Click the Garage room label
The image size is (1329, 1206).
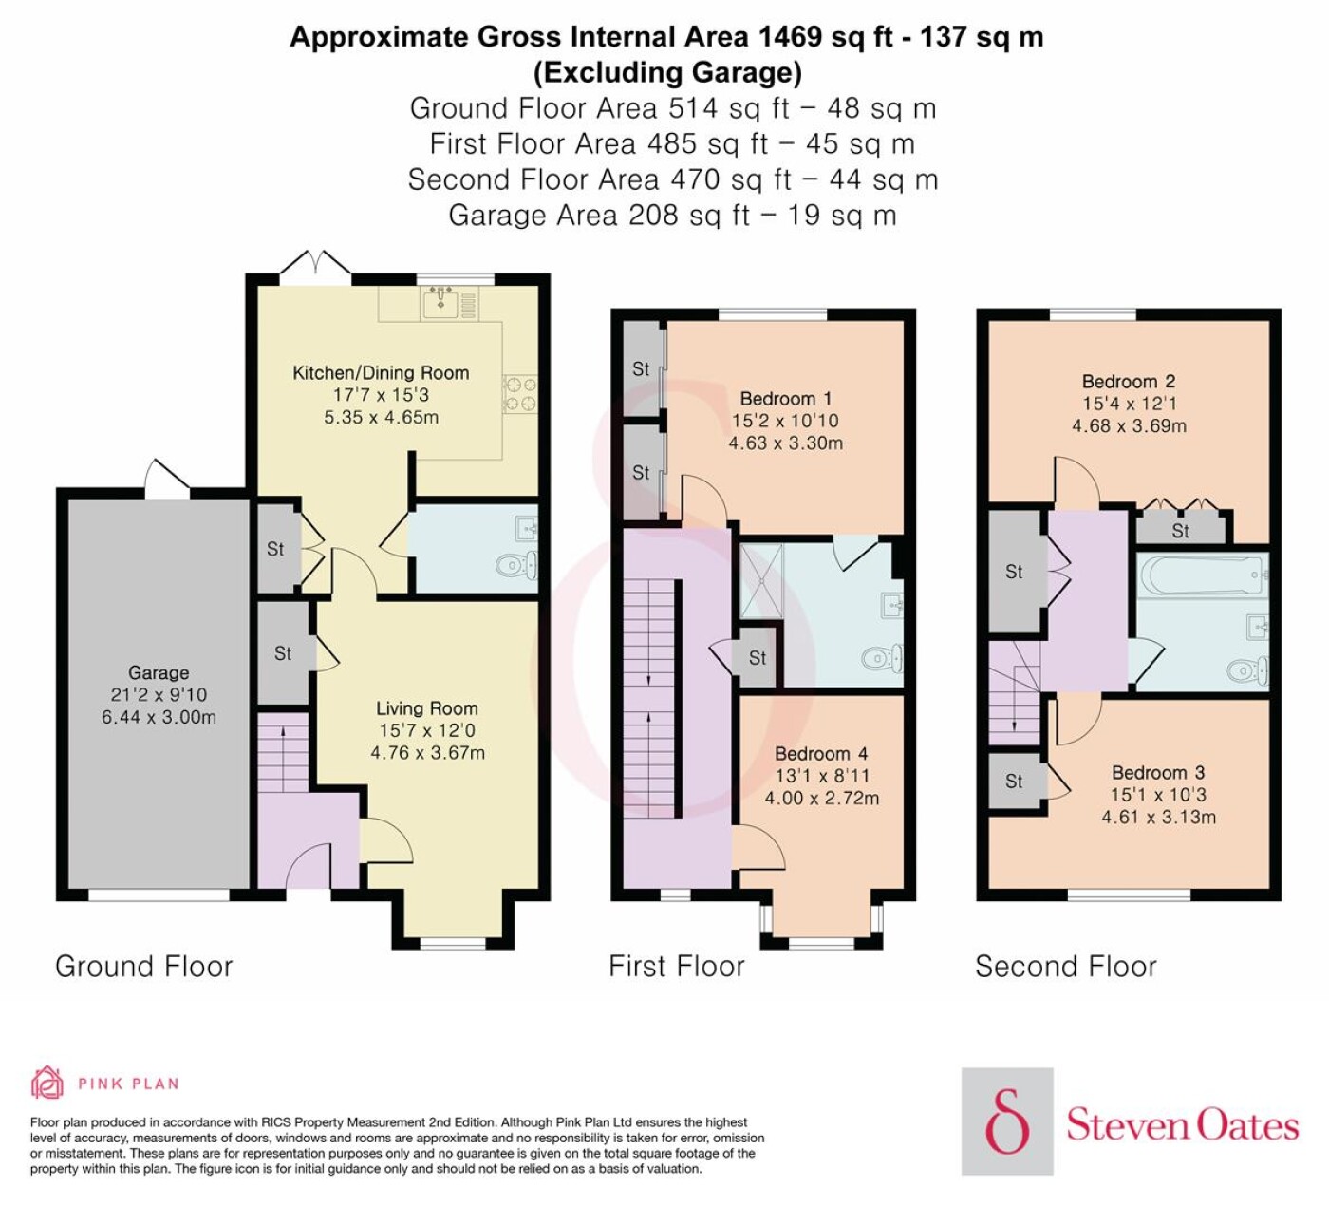coord(159,672)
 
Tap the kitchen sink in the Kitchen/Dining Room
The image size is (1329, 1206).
coord(441,302)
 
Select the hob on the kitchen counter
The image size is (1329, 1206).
coord(520,394)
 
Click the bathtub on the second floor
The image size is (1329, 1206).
coord(1203,575)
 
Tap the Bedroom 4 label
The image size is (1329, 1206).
coord(821,754)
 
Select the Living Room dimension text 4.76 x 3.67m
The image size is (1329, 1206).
coord(427,753)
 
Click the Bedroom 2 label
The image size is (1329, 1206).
coord(1129,381)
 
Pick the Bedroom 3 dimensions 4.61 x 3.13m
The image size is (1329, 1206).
coord(1158,817)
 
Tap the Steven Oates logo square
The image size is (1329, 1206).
coord(1007,1121)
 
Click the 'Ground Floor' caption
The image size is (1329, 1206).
coord(143,967)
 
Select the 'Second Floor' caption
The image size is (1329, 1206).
coord(1065,967)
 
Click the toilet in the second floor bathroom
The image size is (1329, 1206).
coord(1246,669)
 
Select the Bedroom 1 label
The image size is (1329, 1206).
coord(786,399)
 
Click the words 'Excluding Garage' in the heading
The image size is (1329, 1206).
coord(667,72)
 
